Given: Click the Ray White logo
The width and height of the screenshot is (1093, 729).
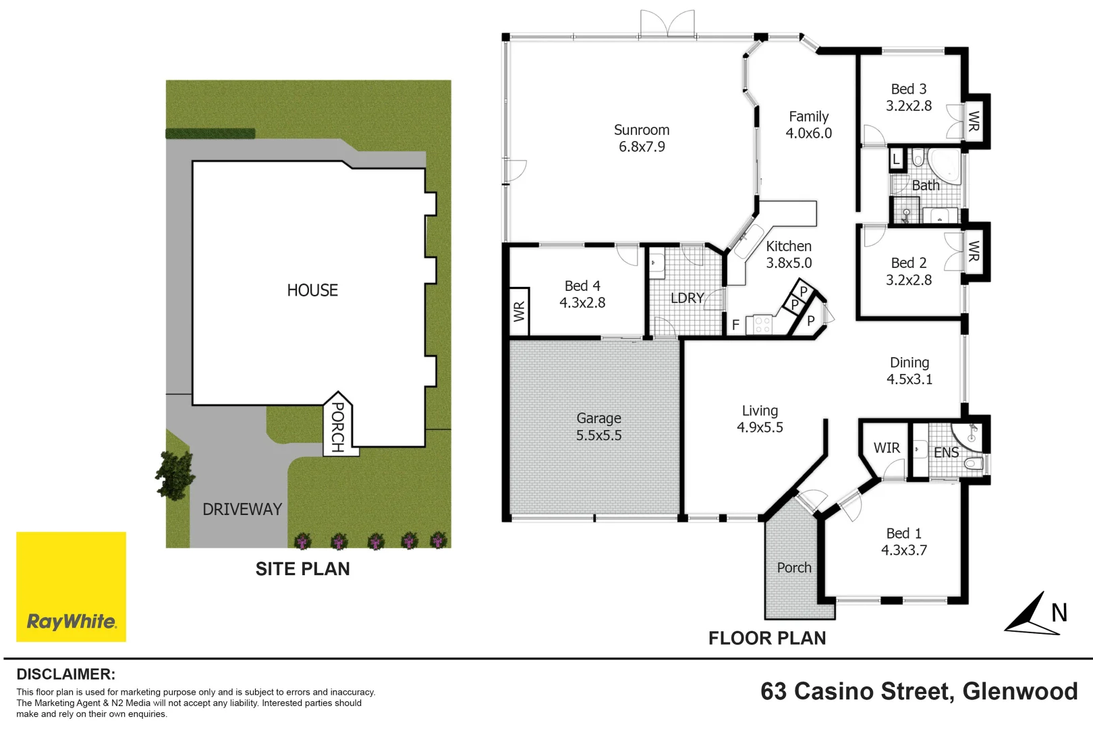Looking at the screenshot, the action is pos(72,587).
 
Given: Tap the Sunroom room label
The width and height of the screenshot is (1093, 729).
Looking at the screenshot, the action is pos(642,130).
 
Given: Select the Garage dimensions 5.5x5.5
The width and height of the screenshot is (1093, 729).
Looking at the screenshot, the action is pos(598,435).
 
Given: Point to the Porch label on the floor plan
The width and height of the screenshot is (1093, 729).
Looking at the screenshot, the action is pos(794,568).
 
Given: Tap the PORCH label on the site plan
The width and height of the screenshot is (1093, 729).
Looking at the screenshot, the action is pos(337,427).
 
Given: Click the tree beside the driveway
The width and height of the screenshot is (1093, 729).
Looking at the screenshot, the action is pos(175,475).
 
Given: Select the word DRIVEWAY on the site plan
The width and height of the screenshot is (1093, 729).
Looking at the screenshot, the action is pos(242,509).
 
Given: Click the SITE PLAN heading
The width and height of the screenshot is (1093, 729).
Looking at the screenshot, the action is pos(302,569).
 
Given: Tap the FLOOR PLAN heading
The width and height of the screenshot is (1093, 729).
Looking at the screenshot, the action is pos(767,638).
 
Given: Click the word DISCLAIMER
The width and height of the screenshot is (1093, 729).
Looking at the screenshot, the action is pos(66,674).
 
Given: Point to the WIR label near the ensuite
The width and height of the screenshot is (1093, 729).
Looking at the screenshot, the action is pos(887,448).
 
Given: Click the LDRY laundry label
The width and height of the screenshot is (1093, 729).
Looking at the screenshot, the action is pos(687,298).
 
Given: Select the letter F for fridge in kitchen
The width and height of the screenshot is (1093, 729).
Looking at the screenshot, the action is pos(736,325).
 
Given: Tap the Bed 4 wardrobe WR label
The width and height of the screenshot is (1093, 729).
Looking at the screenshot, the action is pos(520,312).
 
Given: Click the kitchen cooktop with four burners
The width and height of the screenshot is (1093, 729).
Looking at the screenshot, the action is pos(762,325).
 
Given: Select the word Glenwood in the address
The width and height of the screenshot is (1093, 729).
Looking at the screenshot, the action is pos(1020,691).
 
